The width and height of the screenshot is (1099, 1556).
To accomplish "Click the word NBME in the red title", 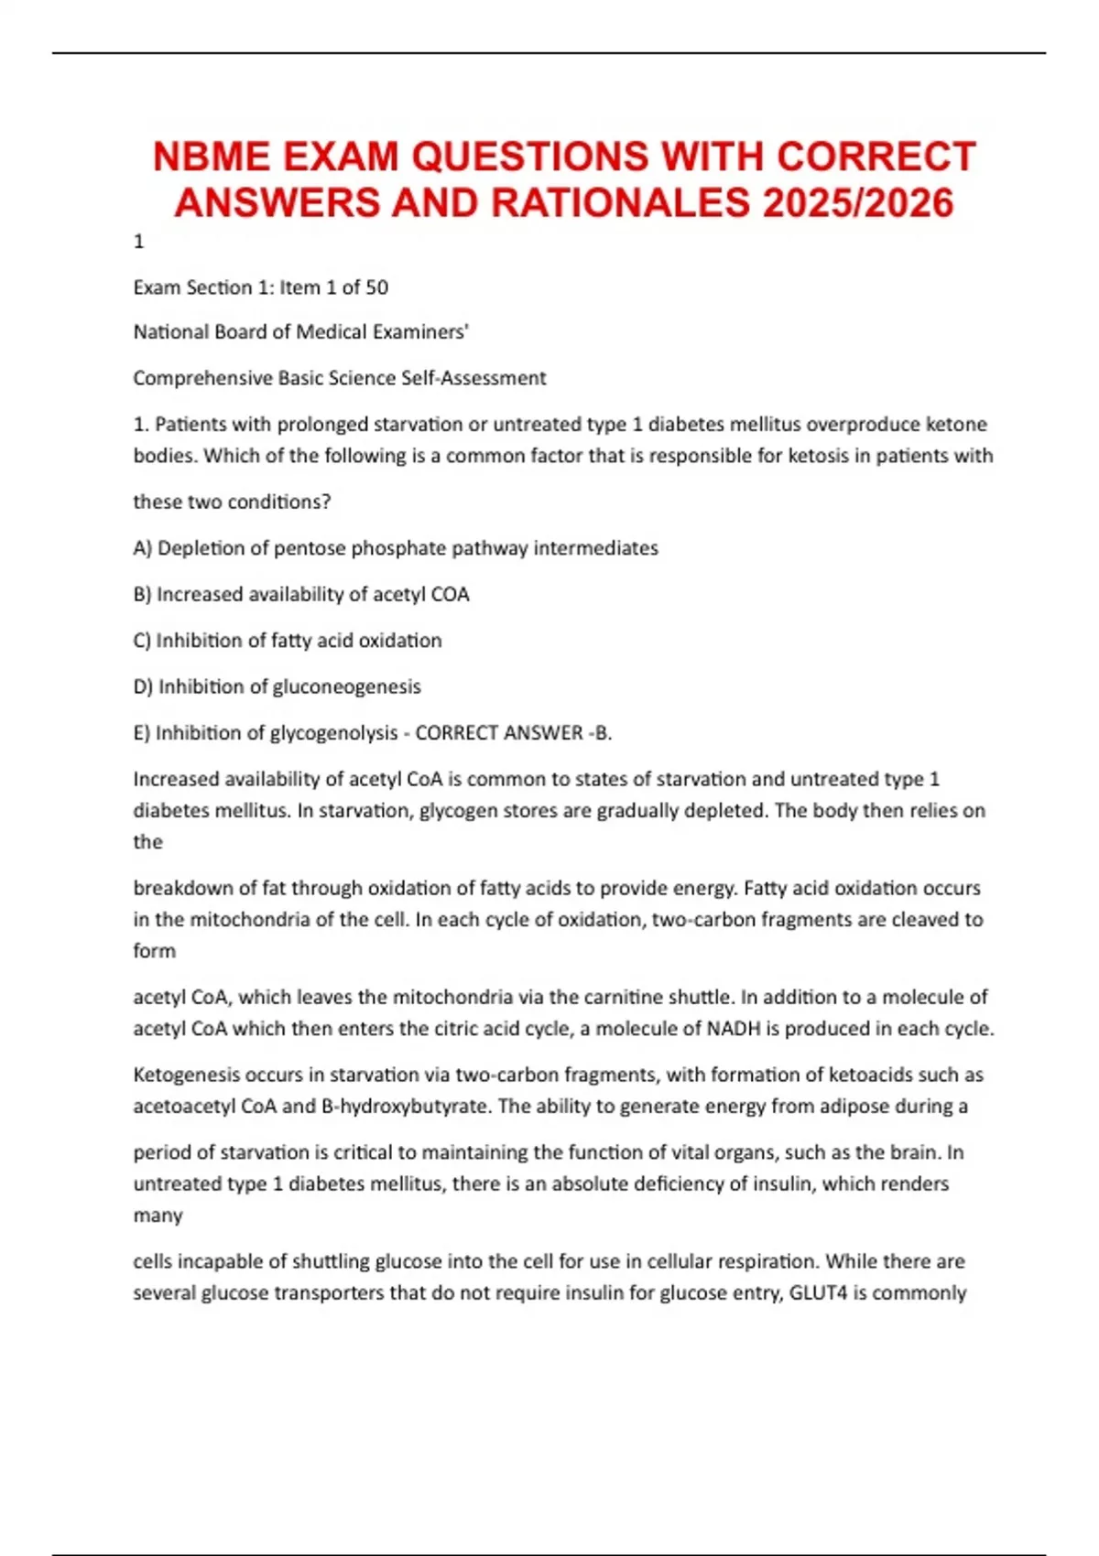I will pos(212,157).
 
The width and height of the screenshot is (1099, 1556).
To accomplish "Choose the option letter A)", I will pos(142,548).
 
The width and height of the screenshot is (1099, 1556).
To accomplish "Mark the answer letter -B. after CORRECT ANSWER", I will pos(600,733).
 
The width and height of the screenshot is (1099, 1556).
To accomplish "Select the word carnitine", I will pos(593,997).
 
